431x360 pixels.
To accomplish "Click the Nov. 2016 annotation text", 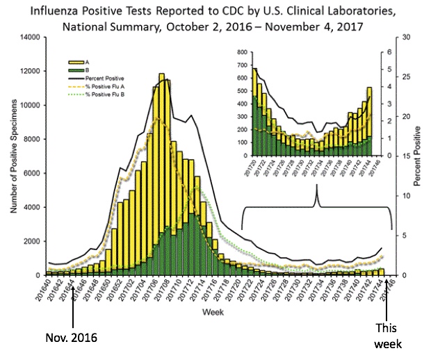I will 72,338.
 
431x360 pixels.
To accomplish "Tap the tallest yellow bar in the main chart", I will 161,174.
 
